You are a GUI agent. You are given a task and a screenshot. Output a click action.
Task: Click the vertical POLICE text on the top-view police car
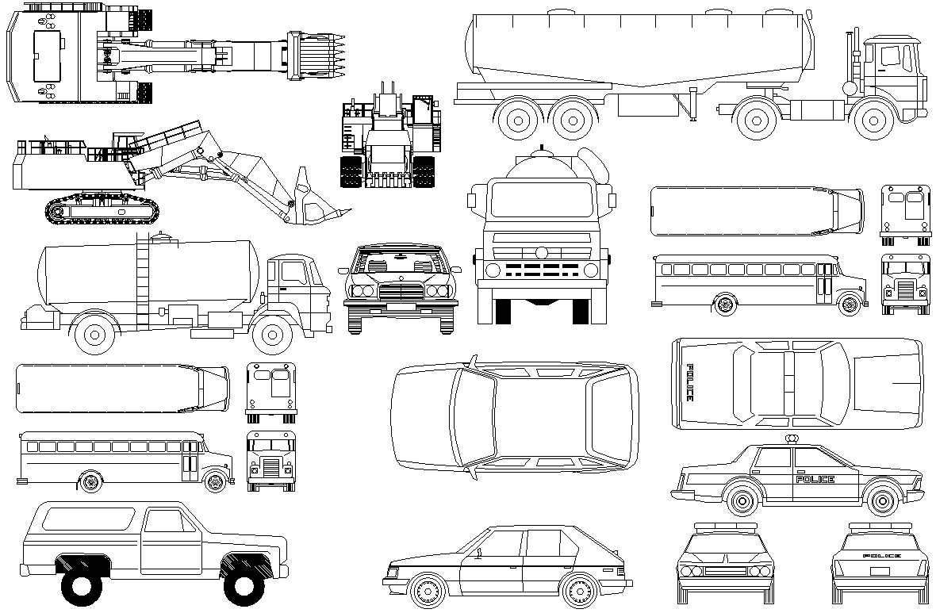[689, 383]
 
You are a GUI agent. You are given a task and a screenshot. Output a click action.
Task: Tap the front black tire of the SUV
[244, 586]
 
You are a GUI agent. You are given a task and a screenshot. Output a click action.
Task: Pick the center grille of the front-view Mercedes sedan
[400, 292]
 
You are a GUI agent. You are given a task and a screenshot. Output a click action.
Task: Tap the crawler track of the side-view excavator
[102, 211]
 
